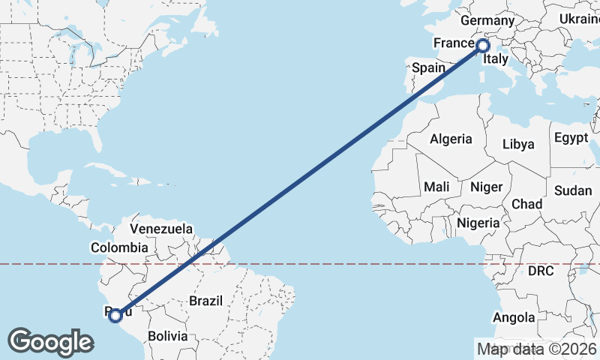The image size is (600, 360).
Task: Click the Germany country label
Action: point(487,20)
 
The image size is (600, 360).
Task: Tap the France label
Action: point(454,43)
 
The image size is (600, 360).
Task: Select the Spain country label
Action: point(429,67)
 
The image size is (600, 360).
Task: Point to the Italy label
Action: point(496,58)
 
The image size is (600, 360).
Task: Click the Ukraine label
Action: point(580,19)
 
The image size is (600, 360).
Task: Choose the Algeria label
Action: point(451,139)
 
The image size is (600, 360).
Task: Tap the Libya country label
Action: point(518,143)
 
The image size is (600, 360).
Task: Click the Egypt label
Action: point(571,138)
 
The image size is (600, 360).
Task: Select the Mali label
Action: point(436,186)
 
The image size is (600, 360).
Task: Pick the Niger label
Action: point(485,186)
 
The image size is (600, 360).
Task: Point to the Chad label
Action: point(526,203)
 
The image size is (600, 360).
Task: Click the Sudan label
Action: point(573,190)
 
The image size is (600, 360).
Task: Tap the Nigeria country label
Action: point(478,223)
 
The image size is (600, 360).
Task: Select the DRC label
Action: point(541,270)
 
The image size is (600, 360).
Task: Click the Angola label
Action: point(514,317)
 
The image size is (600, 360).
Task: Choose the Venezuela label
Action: point(161,229)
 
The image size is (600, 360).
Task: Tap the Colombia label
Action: point(119,247)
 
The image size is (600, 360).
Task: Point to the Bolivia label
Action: point(166,336)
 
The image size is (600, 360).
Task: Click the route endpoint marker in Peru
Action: point(115,316)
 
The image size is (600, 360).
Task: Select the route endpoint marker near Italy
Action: point(483,46)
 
